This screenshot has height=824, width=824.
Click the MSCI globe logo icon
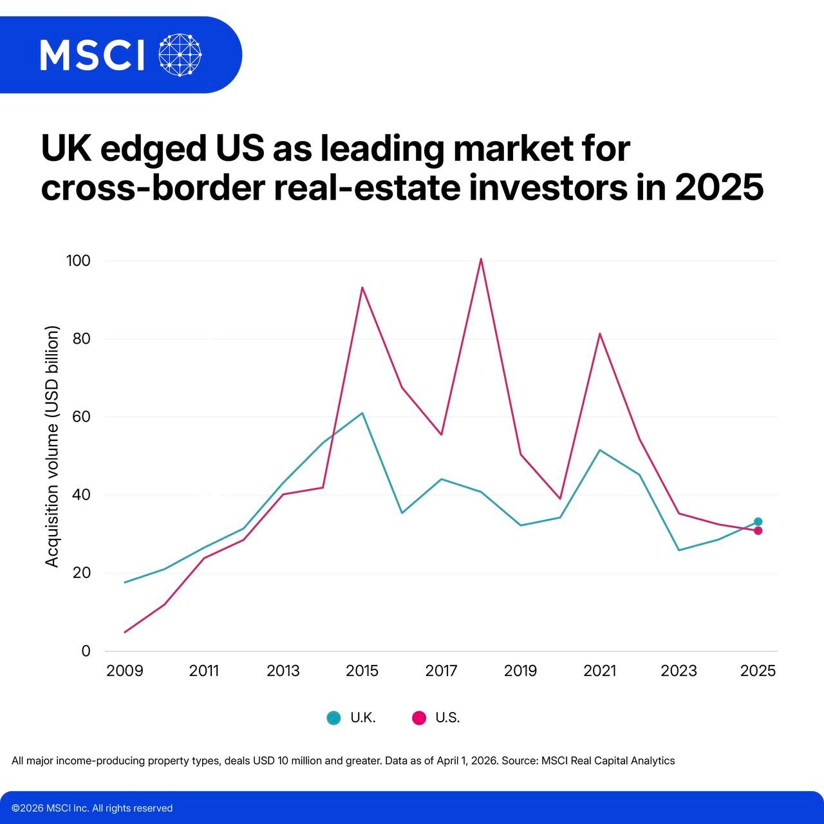[180, 55]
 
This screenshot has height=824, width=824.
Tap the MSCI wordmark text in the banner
[92, 55]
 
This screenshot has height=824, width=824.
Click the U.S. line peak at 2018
[481, 259]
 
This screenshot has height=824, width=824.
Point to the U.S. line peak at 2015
[362, 287]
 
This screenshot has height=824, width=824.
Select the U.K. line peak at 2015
[362, 413]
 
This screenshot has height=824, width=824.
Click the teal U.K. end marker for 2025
[758, 521]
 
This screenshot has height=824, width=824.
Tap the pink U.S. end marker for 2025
[758, 530]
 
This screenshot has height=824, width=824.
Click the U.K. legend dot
[333, 718]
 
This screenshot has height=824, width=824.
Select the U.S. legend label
[447, 718]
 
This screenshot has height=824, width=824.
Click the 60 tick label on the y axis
[81, 417]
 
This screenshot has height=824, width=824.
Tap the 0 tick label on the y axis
[86, 651]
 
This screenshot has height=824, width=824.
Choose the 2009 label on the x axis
[125, 671]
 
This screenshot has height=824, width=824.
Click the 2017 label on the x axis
[441, 671]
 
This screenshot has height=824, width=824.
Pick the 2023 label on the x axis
[679, 671]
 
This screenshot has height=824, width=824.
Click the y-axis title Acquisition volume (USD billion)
[52, 447]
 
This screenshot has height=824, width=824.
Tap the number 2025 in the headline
[719, 189]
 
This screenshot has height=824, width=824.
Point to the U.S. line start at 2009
[125, 632]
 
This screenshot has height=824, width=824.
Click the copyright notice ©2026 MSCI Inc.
[92, 808]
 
